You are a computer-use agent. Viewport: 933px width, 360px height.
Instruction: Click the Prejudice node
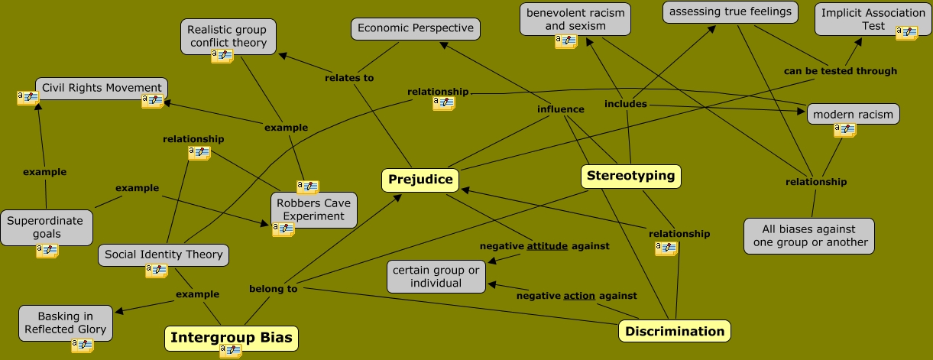point(420,180)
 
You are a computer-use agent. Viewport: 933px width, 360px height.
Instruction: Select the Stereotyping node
point(630,176)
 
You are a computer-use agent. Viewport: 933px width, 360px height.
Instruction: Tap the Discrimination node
point(674,331)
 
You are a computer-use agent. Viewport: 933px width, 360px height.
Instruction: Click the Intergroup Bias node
point(231,338)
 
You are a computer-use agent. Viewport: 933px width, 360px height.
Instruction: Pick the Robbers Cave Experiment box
point(313,209)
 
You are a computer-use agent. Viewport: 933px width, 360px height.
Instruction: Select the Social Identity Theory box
point(164,255)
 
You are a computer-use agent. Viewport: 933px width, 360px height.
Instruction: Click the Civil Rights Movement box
point(102,88)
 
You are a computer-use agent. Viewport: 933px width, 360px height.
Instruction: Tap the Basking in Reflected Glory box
point(66,323)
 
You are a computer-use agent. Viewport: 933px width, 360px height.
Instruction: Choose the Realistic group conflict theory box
point(228,36)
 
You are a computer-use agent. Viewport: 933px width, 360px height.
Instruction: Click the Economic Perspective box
point(416,29)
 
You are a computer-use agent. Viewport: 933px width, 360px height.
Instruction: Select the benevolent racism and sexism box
point(575,19)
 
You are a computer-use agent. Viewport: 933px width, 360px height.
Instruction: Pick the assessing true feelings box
point(730,11)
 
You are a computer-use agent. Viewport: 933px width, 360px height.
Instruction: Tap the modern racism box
point(853,115)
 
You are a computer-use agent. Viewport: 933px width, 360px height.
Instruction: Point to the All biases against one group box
point(809,235)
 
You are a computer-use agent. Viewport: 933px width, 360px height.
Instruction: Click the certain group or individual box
point(436,277)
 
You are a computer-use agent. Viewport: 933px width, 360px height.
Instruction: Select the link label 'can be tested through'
point(841,71)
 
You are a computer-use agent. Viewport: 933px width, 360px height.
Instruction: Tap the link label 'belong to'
point(273,289)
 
